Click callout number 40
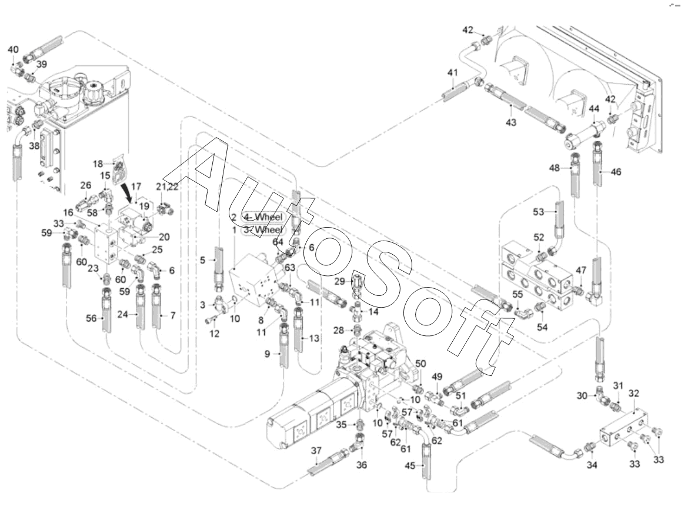pos(13,50)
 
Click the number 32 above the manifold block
pos(635,392)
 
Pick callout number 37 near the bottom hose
pos(316,451)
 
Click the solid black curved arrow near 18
pos(129,192)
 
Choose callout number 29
pos(339,281)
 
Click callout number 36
pos(362,465)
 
